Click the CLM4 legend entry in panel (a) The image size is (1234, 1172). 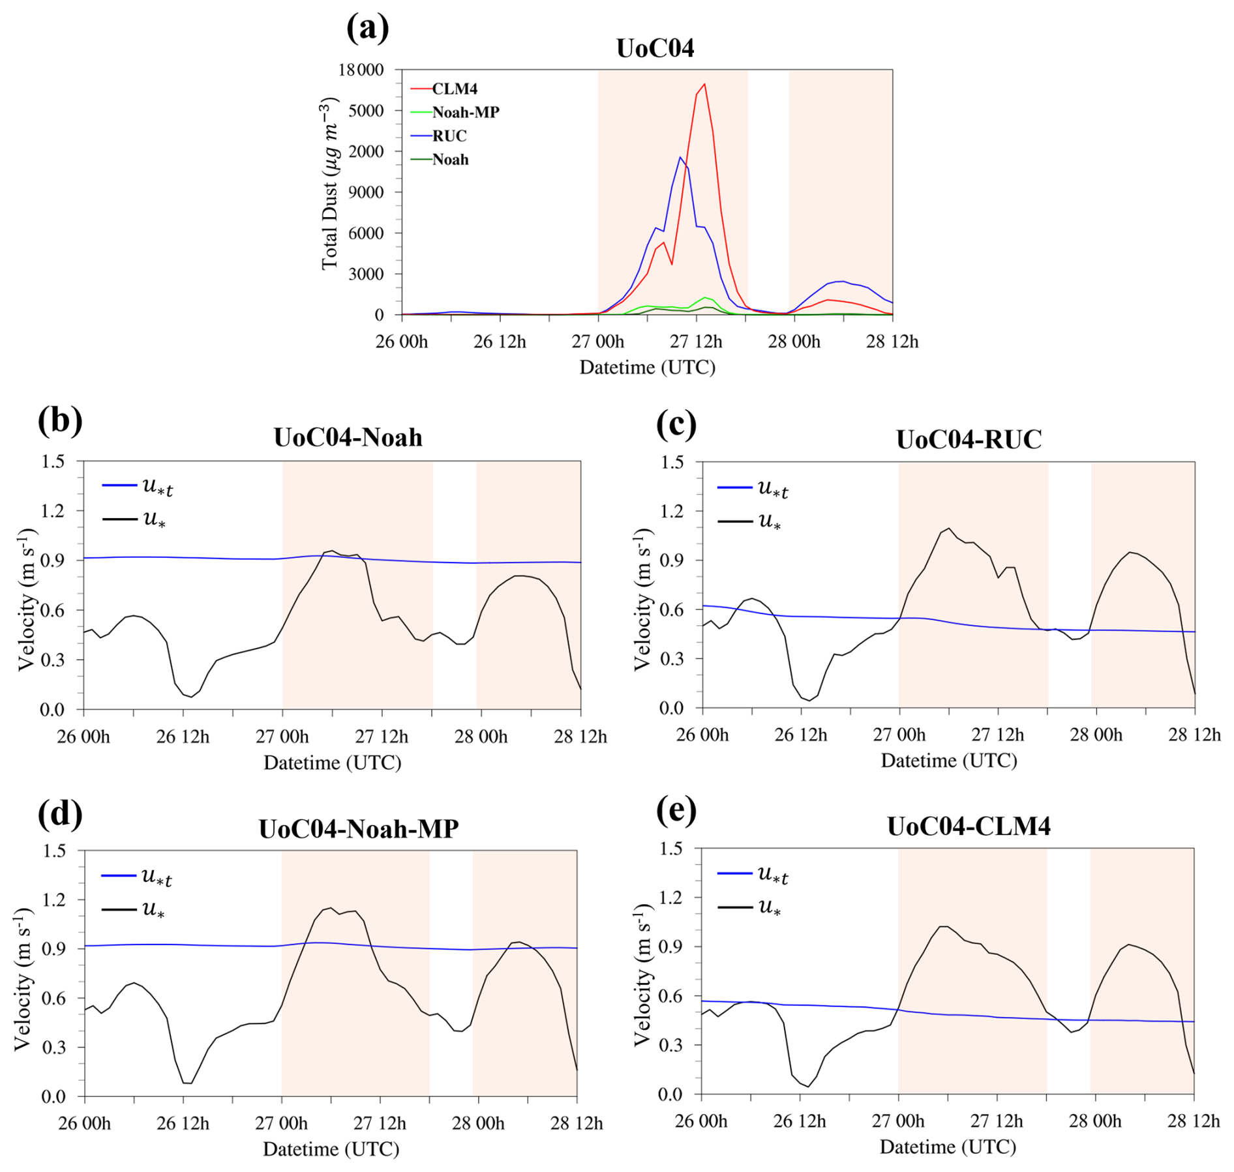coord(455,89)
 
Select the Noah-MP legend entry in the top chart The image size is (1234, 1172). coord(466,112)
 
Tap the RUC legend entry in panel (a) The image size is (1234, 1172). coord(449,136)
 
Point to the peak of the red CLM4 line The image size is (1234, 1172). coord(704,84)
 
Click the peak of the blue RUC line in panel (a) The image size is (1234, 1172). coord(680,157)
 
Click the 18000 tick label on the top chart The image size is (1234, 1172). coord(361,70)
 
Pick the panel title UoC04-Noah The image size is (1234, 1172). coord(348,437)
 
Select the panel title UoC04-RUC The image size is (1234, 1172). coord(969,439)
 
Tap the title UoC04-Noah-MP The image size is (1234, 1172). coord(359,828)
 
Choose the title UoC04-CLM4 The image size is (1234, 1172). coord(969,826)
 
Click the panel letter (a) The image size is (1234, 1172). coord(368,29)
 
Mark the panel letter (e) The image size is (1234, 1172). coord(676,810)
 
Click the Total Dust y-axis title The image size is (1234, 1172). coord(330,184)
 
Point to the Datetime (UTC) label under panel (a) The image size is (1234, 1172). coord(647,367)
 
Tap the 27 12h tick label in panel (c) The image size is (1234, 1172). coord(997,735)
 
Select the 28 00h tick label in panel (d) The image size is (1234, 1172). coord(478,1123)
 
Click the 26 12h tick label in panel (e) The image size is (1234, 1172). coord(799,1121)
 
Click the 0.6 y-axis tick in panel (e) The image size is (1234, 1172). coord(670,996)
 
